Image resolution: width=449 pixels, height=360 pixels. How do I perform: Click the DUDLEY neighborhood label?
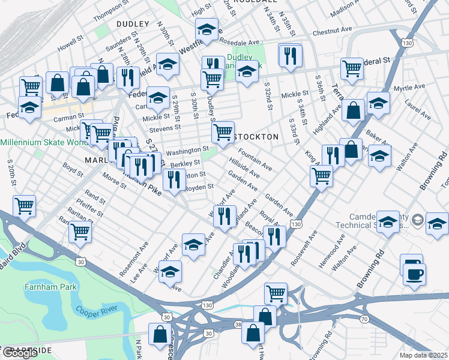(x=132, y=23)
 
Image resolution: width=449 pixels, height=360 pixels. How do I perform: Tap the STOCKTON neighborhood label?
(x=256, y=137)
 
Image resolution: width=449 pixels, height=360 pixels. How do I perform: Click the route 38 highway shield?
(x=238, y=325)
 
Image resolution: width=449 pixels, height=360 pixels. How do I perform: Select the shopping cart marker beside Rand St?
(x=80, y=230)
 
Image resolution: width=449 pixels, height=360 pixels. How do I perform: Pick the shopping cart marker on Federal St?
(x=352, y=68)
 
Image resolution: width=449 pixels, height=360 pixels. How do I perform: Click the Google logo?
(x=20, y=353)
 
